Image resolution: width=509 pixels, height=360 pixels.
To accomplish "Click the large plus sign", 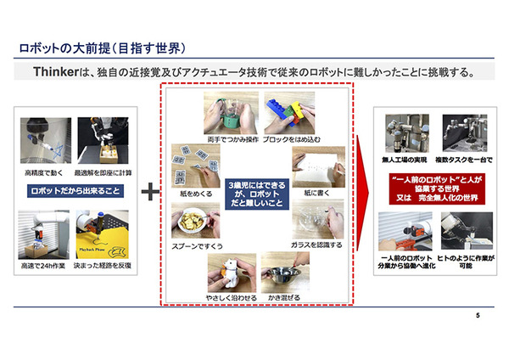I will pyautogui.click(x=150, y=192).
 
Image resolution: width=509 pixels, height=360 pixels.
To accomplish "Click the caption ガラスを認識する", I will pyautogui.click(x=316, y=245).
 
